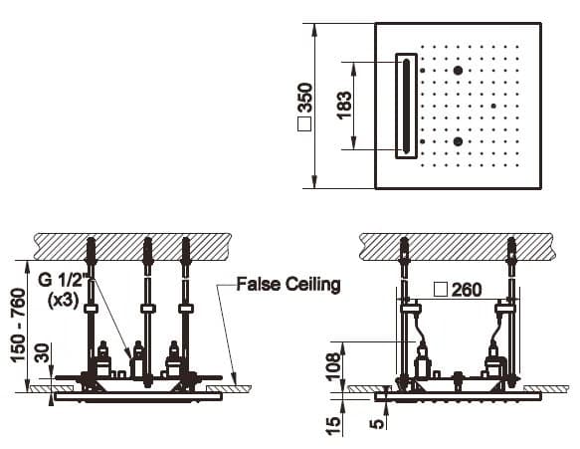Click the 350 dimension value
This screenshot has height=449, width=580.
pyautogui.click(x=305, y=98)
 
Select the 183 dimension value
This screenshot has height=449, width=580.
pyautogui.click(x=345, y=106)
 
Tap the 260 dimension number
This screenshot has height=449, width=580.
pyautogui.click(x=467, y=290)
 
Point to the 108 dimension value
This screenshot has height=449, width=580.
pyautogui.click(x=333, y=366)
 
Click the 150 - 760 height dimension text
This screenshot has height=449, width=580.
pyautogui.click(x=19, y=326)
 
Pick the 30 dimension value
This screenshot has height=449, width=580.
pyautogui.click(x=42, y=352)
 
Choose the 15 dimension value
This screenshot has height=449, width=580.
pyautogui.click(x=333, y=426)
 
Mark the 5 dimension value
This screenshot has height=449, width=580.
pyautogui.click(x=377, y=423)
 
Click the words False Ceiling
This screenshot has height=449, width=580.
pyautogui.click(x=289, y=285)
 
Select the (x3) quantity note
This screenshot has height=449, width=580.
pyautogui.click(x=63, y=301)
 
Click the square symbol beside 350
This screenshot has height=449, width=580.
pyautogui.click(x=304, y=124)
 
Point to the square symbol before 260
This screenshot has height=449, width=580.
pyautogui.click(x=441, y=290)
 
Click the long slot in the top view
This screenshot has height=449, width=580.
pyautogui.click(x=407, y=106)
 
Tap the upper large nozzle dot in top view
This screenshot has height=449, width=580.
pyautogui.click(x=458, y=71)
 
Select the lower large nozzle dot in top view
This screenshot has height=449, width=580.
pyautogui.click(x=458, y=141)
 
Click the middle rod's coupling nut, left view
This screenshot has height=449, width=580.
pyautogui.click(x=147, y=309)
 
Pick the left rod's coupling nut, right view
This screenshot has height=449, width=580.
pyautogui.click(x=410, y=308)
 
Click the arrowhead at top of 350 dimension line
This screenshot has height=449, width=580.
pyautogui.click(x=314, y=30)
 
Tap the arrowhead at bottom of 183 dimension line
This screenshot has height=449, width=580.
pyautogui.click(x=353, y=143)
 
